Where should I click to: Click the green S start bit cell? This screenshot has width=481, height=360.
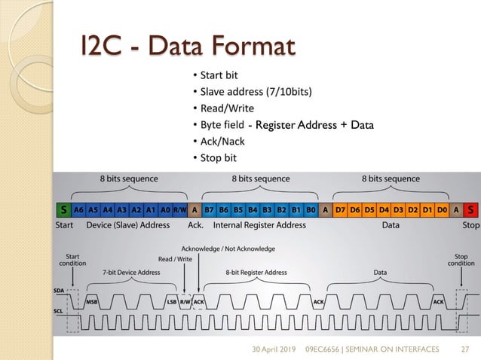(64, 209)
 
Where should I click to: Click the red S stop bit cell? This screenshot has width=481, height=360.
(471, 209)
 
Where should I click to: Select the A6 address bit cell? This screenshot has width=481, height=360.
(78, 209)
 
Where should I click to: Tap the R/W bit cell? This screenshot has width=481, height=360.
(179, 209)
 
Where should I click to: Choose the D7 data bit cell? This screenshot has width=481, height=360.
(341, 209)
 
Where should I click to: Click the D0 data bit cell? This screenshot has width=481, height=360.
(443, 209)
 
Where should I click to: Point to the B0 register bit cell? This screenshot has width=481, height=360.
(310, 209)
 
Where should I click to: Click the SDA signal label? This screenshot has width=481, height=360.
(59, 289)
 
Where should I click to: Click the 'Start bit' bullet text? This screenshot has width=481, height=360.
(218, 76)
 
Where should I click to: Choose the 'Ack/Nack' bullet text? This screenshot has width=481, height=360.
(221, 141)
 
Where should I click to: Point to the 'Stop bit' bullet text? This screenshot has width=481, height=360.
(218, 157)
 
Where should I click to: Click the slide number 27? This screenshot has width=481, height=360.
(465, 348)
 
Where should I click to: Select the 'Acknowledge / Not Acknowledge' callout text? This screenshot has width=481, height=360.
(228, 249)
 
